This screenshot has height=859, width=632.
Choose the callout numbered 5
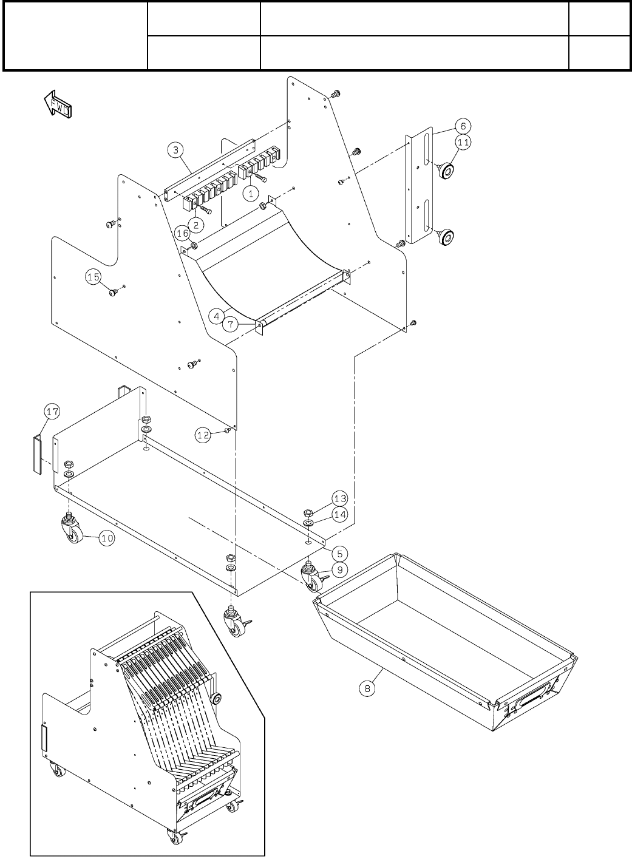[x=341, y=553]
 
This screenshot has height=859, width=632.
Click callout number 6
[x=463, y=126]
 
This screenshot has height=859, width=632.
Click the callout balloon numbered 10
[x=107, y=537]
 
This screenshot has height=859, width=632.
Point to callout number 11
[x=463, y=143]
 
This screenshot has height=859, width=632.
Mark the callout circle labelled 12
[x=203, y=434]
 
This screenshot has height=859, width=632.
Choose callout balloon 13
[x=340, y=498]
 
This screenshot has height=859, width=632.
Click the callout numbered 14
[x=340, y=514]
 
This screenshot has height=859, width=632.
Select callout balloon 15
[x=93, y=277]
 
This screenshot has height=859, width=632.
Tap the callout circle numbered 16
[x=182, y=233]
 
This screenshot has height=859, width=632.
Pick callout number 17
[x=52, y=412]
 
